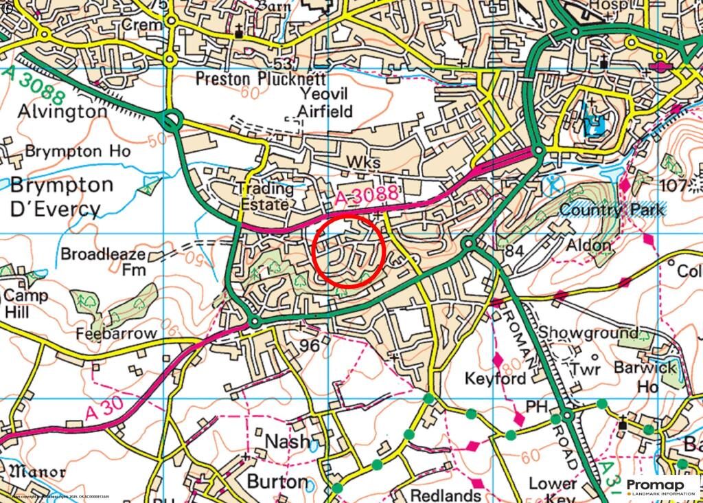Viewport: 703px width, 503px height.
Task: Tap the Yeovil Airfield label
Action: [325, 102]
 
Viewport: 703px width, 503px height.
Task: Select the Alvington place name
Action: [62, 111]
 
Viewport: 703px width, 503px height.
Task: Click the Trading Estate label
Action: [266, 197]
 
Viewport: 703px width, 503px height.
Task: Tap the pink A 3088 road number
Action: [368, 197]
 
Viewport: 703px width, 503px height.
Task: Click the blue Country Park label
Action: [612, 209]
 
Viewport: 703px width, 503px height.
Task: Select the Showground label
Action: [582, 333]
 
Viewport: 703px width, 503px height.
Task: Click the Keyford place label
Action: [496, 379]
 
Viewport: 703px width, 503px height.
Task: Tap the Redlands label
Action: [445, 495]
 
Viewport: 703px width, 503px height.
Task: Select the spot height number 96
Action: [310, 346]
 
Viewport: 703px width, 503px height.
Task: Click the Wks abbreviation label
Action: [363, 162]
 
